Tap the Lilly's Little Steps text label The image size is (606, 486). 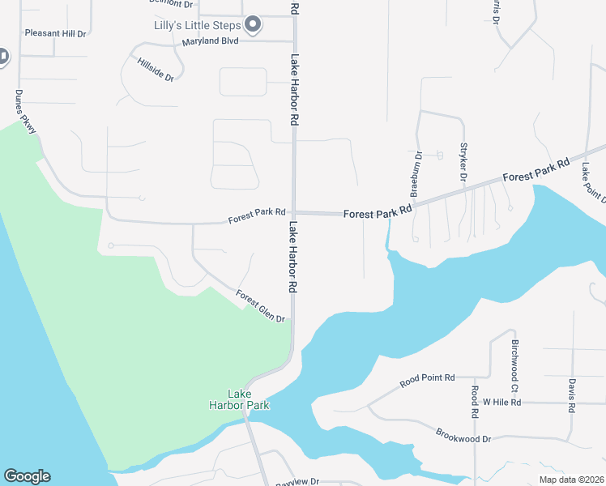point(198,25)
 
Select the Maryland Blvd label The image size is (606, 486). point(210,41)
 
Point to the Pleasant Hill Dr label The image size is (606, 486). point(55,33)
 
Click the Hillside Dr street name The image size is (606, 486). point(156,70)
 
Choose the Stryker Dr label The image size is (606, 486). point(464,161)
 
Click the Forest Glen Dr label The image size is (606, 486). point(262,307)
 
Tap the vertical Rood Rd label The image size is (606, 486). point(476,402)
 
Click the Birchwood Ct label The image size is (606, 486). point(514,361)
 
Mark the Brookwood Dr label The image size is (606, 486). point(463,436)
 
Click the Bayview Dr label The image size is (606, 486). point(297,481)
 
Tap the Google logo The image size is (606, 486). point(27,476)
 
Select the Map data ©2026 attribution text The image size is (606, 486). point(570,479)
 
